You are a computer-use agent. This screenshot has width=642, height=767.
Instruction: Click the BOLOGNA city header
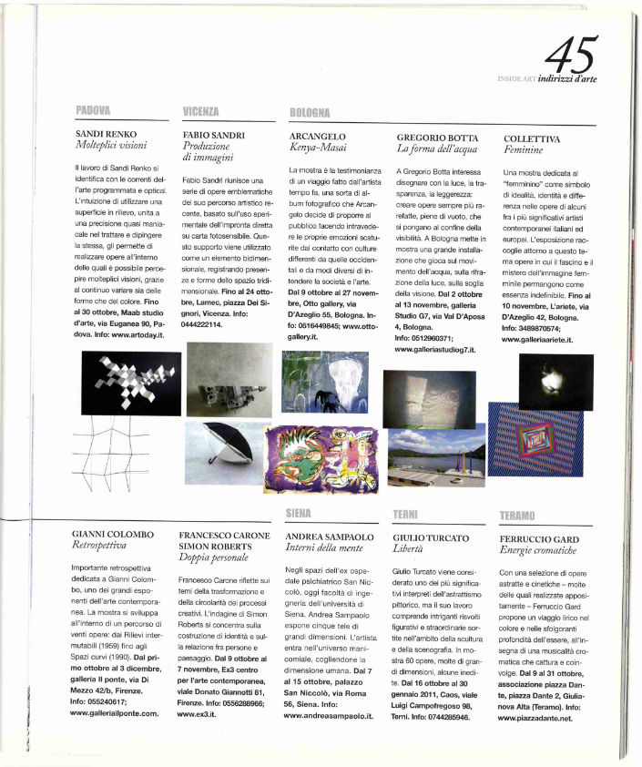(309, 112)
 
